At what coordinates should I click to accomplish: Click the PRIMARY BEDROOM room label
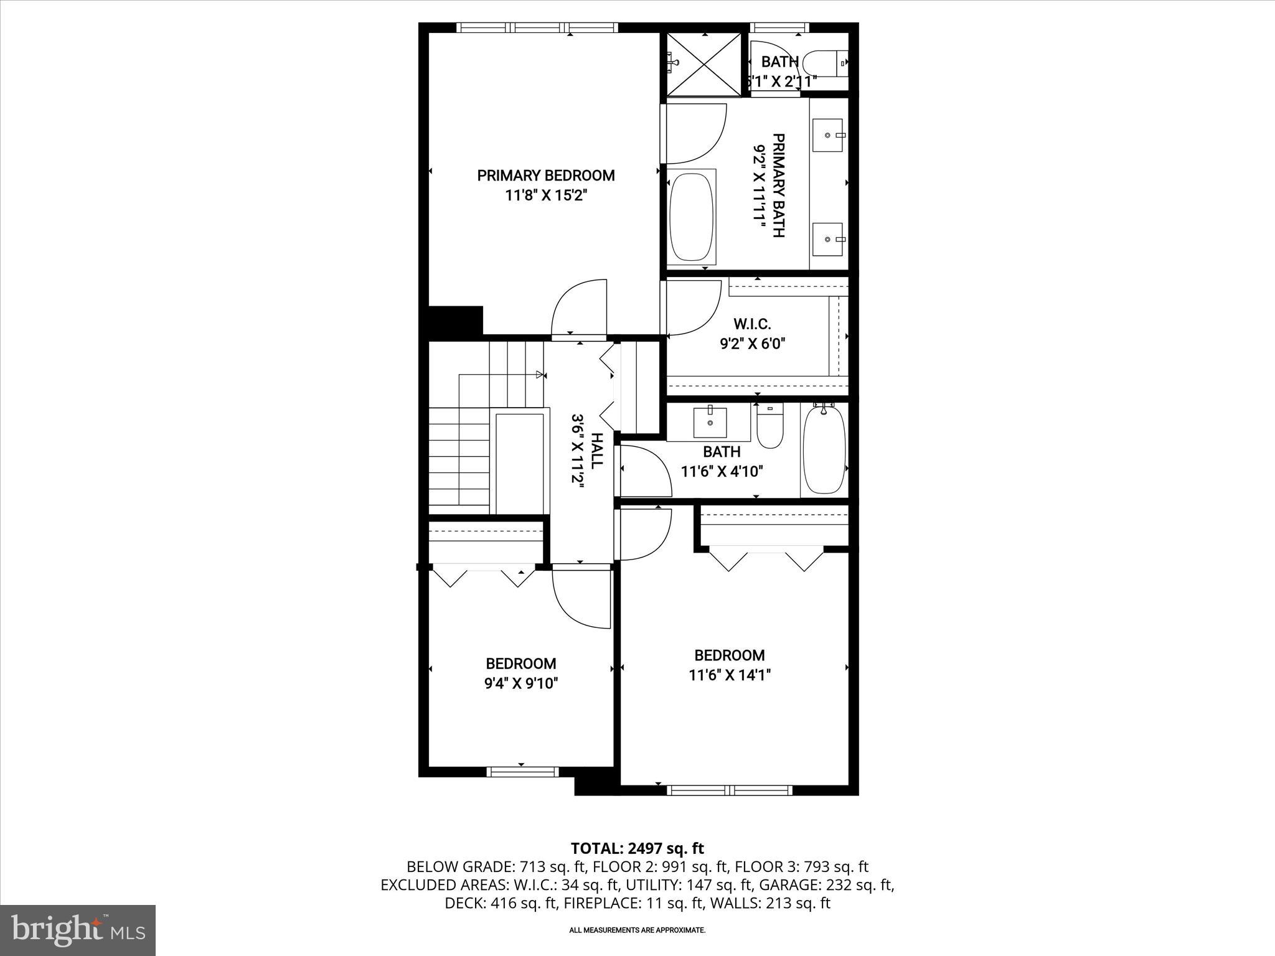point(546,176)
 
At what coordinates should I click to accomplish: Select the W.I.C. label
point(752,324)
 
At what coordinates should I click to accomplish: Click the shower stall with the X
point(704,64)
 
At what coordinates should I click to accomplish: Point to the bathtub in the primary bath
point(691,217)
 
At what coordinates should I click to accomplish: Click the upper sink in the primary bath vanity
point(827,134)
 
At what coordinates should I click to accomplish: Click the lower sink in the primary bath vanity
point(827,239)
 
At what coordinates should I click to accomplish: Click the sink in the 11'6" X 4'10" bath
point(710,423)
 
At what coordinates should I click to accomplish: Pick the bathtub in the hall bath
point(824,449)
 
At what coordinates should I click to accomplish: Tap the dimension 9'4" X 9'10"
point(521,683)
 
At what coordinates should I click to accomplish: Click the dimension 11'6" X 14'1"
point(730,675)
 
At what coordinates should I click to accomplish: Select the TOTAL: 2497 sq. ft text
point(637,848)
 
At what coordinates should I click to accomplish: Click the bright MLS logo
point(78,930)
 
